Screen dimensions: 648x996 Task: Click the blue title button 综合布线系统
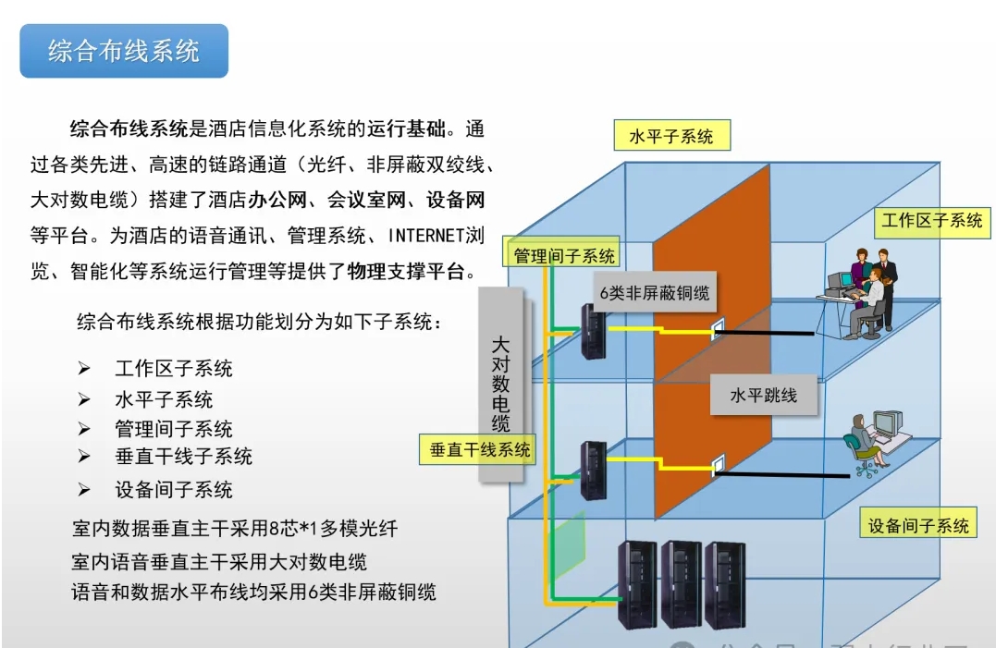123,51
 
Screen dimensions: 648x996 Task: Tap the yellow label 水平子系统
671,137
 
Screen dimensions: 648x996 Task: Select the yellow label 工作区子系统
931,220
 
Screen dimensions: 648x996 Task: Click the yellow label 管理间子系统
564,256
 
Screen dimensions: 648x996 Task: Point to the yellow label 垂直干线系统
480,450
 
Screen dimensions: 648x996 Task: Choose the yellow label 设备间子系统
918,525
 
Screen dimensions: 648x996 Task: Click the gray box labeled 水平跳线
763,396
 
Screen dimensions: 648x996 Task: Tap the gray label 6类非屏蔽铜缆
654,293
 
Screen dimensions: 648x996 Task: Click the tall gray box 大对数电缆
500,384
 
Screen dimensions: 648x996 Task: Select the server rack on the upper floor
592,331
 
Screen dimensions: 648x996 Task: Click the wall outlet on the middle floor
719,463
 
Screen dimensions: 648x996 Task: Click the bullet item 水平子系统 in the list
164,399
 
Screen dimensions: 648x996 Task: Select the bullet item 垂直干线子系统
183,457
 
